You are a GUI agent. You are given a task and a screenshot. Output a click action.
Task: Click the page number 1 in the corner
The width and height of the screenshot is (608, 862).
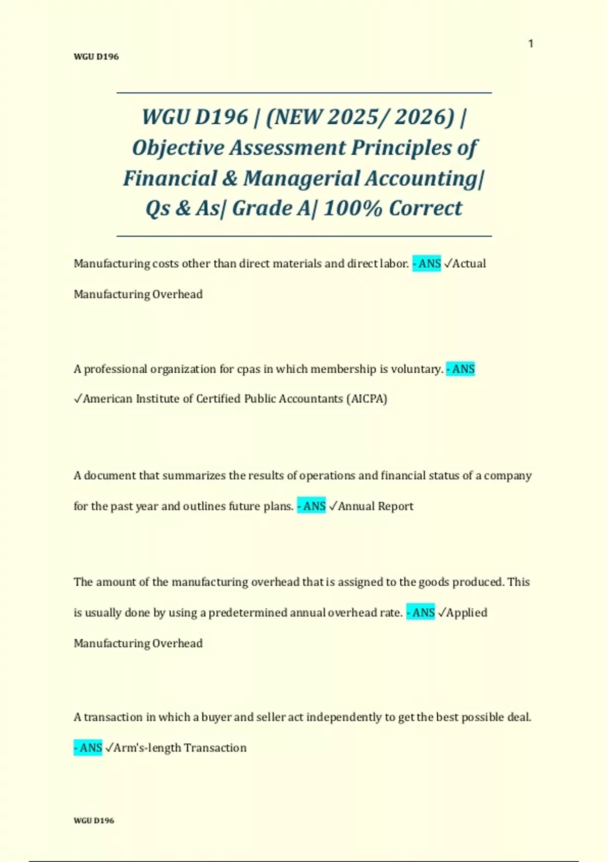coord(530,44)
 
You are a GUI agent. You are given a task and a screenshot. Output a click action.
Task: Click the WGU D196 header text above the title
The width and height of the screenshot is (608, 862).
coord(96,57)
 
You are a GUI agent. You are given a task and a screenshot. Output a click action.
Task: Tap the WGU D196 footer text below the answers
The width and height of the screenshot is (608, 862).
coord(94,820)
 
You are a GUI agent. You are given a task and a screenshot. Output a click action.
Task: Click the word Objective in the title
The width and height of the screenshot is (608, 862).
coord(178,148)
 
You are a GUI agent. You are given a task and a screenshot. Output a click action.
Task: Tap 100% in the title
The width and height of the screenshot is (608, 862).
coord(353,208)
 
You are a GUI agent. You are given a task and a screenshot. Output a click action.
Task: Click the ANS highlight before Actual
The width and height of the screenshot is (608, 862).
coord(427,264)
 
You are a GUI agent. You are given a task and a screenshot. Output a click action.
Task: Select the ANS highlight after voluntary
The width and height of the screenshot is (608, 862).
coord(461,369)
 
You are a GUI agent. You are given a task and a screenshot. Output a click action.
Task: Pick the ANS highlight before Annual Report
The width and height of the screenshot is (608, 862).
coord(312,506)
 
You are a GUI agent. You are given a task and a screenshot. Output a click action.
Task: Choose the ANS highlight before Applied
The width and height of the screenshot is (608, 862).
coord(421,613)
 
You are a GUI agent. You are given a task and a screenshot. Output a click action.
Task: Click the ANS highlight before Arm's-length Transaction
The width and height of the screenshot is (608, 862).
coord(88,748)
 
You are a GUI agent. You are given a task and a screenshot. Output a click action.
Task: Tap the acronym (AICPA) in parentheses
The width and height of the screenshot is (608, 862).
coord(367,399)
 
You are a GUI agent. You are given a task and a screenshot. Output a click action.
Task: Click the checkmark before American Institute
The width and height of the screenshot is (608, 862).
coord(78,399)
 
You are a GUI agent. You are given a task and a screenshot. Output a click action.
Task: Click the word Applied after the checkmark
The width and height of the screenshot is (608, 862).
coord(467,613)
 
